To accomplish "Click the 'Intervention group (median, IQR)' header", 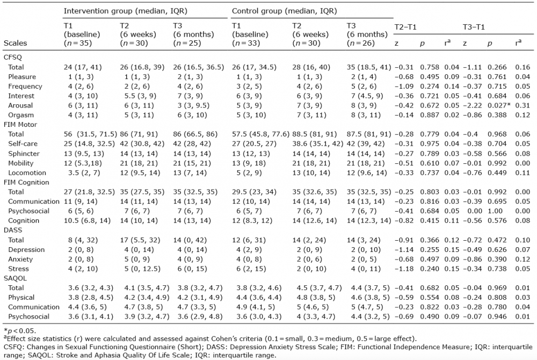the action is (125, 11).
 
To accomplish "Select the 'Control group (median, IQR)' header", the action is (284, 11).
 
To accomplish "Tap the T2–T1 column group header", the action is (405, 27).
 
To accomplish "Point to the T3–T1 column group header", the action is (474, 27).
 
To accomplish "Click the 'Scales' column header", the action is (16, 43).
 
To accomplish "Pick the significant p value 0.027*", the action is (499, 105).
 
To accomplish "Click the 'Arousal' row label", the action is (20, 105).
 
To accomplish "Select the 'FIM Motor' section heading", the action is (20, 125).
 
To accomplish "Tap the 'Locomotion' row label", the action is (27, 173).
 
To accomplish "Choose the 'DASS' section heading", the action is (13, 230).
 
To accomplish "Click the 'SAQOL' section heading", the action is (15, 278).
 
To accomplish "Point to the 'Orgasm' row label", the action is (21, 115).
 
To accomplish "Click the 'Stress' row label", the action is (18, 269).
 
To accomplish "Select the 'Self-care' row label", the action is (23, 144).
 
